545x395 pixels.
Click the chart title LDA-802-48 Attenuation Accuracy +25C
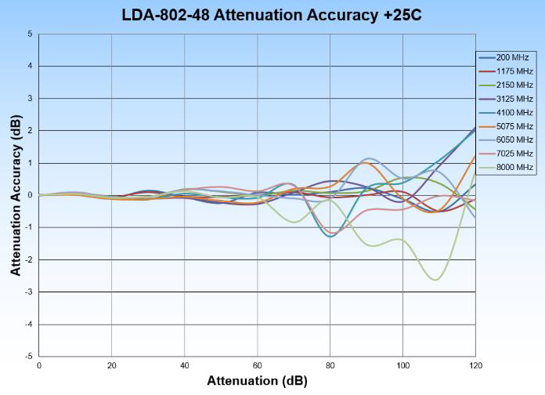point(272,15)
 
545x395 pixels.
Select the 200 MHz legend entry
point(506,57)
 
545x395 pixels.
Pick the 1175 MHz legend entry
point(506,71)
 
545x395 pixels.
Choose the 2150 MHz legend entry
point(506,85)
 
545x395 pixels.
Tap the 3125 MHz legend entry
point(506,99)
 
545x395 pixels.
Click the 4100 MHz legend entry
point(506,112)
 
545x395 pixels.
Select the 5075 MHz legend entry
point(506,126)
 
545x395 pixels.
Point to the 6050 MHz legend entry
point(506,140)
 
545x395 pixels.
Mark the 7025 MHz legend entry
point(506,154)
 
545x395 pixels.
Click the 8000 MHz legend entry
point(506,167)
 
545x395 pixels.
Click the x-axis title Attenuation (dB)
point(257,382)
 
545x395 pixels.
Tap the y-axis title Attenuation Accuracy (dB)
point(16,195)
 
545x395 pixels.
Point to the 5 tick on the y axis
point(30,34)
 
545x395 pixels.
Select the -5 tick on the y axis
point(28,357)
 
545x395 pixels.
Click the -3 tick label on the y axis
point(28,292)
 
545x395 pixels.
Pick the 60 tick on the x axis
point(257,366)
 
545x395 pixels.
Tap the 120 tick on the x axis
point(475,366)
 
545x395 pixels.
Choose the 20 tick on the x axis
point(111,366)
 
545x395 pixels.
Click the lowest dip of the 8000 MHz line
point(435,280)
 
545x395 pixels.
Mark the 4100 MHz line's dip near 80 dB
point(330,236)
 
